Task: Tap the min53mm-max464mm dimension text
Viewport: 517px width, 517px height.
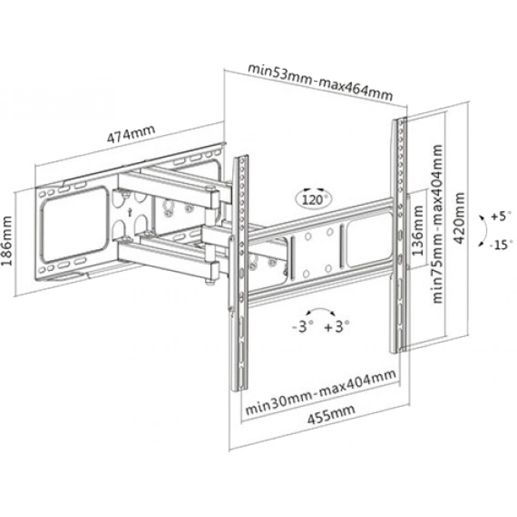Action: pyautogui.click(x=320, y=82)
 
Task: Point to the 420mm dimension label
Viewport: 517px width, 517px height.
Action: pyautogui.click(x=459, y=218)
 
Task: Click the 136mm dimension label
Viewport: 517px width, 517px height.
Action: pyautogui.click(x=418, y=231)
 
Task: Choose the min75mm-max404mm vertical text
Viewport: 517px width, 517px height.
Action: pyautogui.click(x=437, y=224)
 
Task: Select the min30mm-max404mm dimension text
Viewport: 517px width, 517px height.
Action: pyautogui.click(x=321, y=392)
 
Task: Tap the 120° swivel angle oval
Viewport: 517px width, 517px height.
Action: pyautogui.click(x=313, y=199)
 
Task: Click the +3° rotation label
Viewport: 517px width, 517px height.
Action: pyautogui.click(x=337, y=326)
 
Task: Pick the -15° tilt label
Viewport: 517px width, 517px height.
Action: pyautogui.click(x=501, y=245)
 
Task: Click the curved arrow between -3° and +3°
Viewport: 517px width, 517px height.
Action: pyautogui.click(x=319, y=310)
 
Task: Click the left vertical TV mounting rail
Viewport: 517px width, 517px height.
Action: pyautogui.click(x=240, y=273)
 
